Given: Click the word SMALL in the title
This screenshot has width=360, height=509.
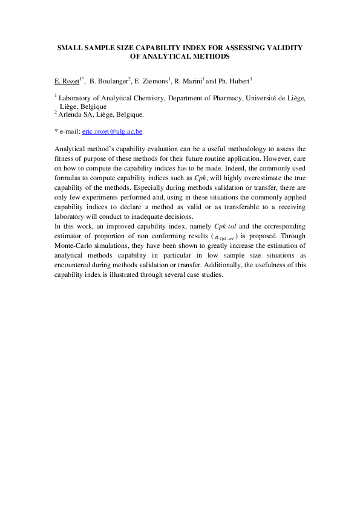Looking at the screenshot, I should [x=70, y=47].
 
